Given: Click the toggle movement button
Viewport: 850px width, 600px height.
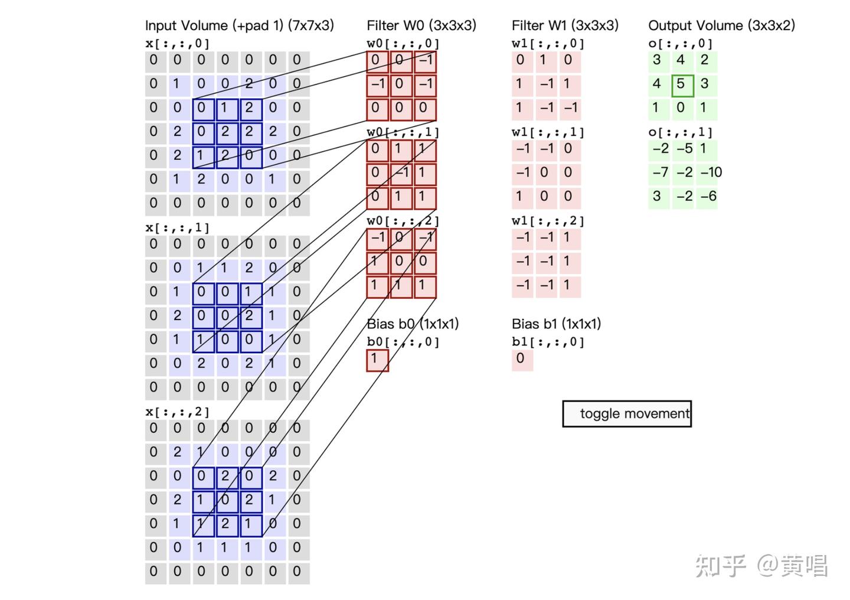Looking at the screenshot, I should tap(627, 413).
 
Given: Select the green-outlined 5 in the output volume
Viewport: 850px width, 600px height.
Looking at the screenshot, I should tap(682, 84).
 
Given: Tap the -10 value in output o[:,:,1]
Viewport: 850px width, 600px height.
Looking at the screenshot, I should tap(711, 172).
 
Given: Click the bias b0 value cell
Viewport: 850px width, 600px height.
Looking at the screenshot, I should tap(377, 359).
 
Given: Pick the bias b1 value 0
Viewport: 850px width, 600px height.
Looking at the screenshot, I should tap(521, 359).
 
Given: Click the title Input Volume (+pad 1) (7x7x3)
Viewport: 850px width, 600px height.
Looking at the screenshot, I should tap(240, 25).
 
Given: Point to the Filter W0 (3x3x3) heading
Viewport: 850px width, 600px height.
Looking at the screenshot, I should tap(421, 25).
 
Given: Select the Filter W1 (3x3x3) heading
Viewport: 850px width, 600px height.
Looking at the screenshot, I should tap(565, 25).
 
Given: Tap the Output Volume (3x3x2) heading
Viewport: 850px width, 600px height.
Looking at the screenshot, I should tap(721, 25).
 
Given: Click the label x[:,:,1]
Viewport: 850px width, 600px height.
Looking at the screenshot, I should tap(177, 227).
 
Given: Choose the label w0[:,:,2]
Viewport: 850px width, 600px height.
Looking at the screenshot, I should tap(403, 221).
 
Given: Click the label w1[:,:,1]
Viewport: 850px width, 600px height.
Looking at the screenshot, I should tap(548, 132).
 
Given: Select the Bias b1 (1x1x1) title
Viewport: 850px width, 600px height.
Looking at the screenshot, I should tap(556, 324).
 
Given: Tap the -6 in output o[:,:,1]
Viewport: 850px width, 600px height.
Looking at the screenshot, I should tap(708, 197).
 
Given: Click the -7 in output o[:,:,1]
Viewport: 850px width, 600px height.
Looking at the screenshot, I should tap(660, 172).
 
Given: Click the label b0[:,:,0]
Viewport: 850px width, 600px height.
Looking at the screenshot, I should tap(403, 342).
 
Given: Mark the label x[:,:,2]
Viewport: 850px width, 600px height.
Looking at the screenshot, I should tap(177, 412).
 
